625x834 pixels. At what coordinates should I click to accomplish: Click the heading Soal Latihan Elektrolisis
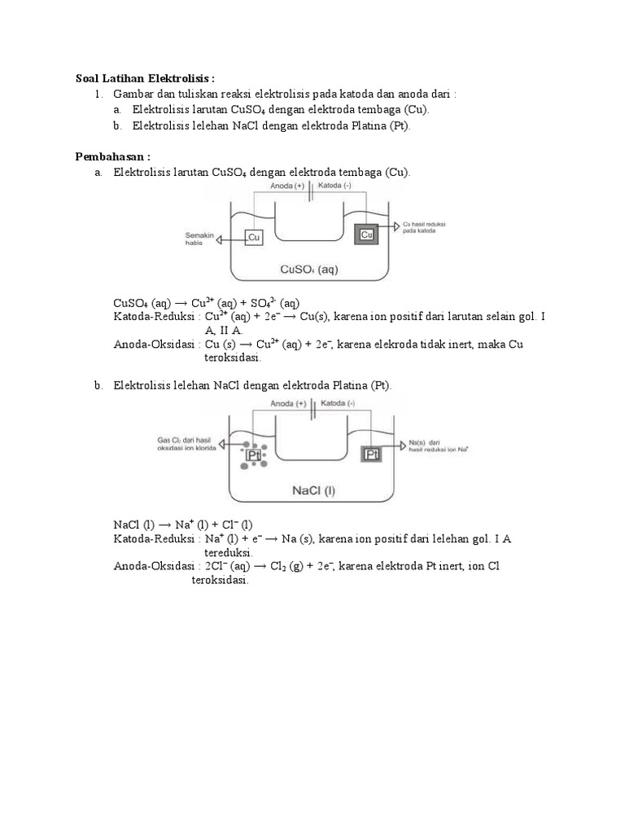coord(145,78)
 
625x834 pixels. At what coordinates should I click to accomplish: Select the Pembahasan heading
coord(113,156)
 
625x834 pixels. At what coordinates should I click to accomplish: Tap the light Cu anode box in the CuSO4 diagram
coord(254,237)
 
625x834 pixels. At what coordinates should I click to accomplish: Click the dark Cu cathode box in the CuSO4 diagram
coord(366,235)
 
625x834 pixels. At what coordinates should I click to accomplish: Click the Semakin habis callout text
coord(199,239)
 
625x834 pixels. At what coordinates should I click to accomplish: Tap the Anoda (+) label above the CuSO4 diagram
coord(288,185)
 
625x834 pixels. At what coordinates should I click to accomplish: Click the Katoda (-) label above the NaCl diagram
coord(337,403)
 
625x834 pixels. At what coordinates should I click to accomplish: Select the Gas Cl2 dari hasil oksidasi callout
coord(189,445)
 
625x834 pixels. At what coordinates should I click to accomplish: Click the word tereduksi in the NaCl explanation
coord(229,551)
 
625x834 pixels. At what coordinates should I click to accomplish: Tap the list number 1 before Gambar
coord(98,94)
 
